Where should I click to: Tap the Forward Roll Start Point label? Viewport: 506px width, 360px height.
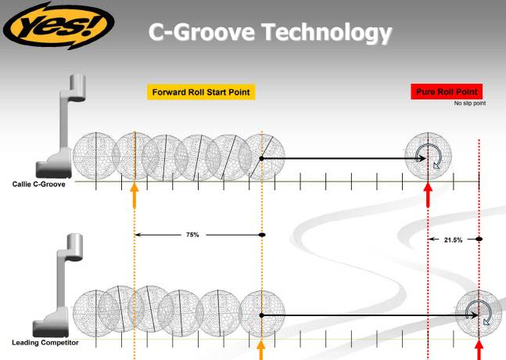(202, 92)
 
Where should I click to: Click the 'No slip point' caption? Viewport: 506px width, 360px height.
(470, 103)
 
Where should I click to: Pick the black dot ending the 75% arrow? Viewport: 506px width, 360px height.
(262, 234)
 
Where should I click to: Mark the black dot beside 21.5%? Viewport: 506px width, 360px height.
(479, 239)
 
